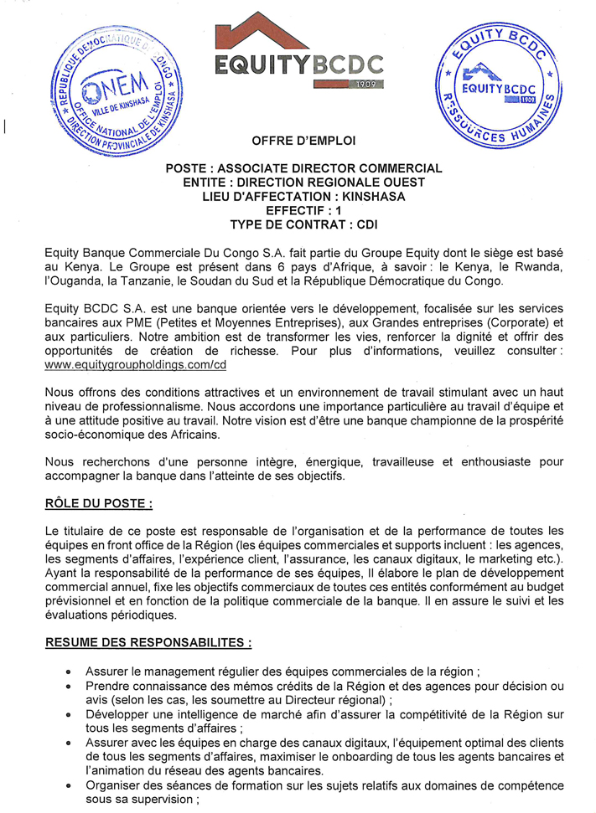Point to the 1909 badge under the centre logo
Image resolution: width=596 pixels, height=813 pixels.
pyautogui.click(x=367, y=84)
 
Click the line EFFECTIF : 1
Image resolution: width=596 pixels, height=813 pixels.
pyautogui.click(x=298, y=211)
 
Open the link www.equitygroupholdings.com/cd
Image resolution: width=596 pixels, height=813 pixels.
pyautogui.click(x=135, y=365)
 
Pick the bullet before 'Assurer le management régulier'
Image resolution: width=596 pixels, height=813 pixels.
pyautogui.click(x=68, y=672)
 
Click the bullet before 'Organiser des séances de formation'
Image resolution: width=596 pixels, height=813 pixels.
pyautogui.click(x=68, y=786)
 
